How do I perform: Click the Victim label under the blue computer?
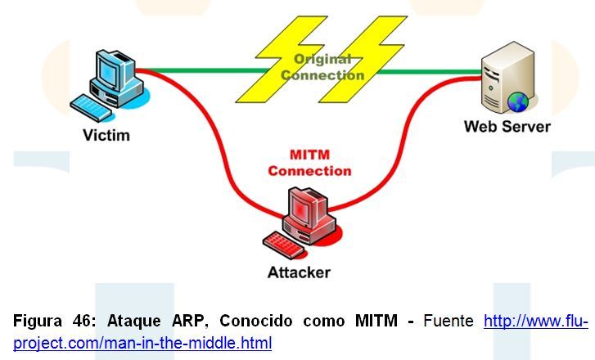pyautogui.click(x=106, y=134)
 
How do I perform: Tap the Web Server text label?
pyautogui.click(x=507, y=126)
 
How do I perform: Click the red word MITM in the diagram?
pyautogui.click(x=309, y=155)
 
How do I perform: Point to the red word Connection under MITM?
pyautogui.click(x=309, y=171)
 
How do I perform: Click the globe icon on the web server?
pyautogui.click(x=517, y=101)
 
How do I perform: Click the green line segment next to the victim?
pyautogui.click(x=196, y=71)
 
